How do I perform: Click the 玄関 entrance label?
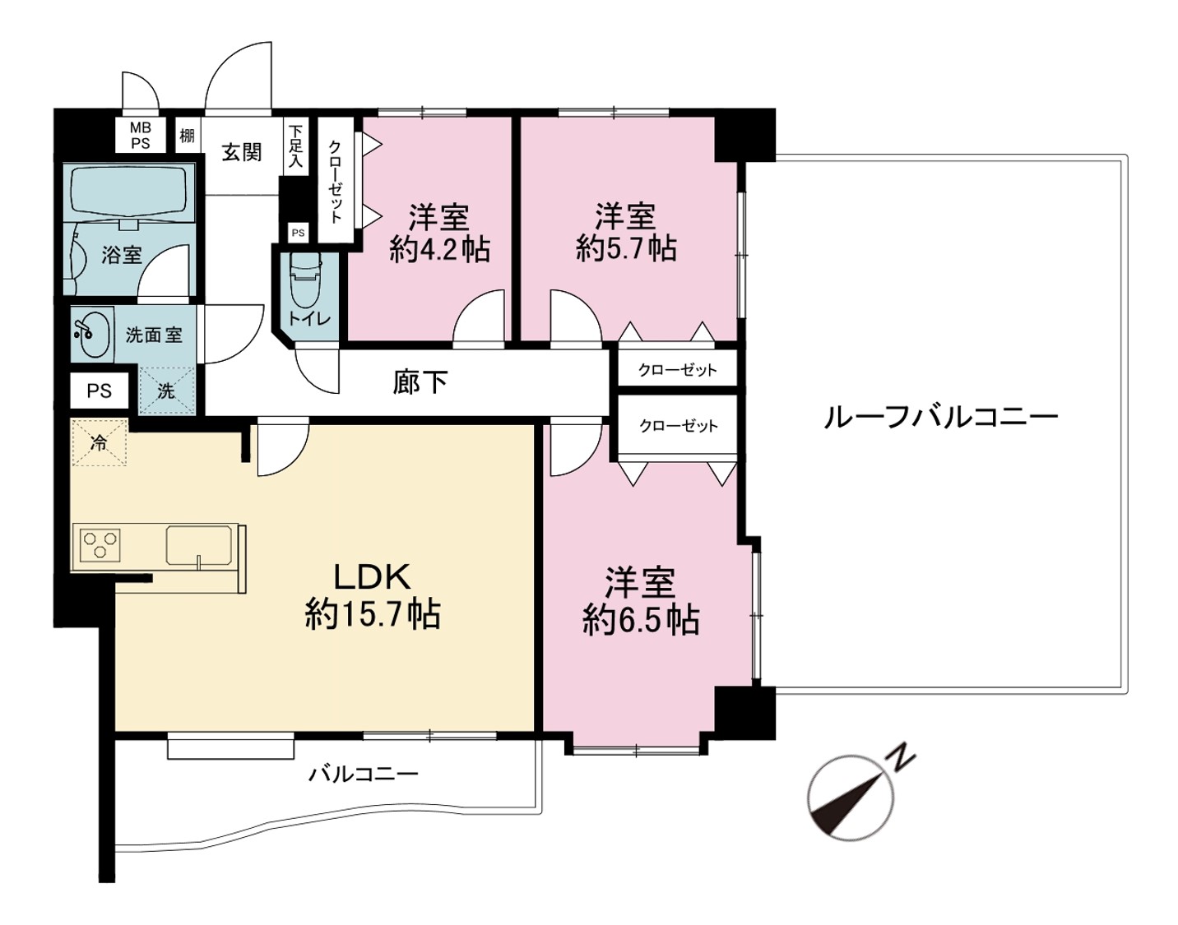pos(241,152)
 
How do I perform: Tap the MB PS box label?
pos(140,136)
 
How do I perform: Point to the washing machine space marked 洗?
pos(166,391)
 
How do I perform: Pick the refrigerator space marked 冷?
pos(100,442)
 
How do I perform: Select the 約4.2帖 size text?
pos(439,250)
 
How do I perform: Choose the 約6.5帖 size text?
pos(641,621)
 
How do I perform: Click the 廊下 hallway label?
pos(420,382)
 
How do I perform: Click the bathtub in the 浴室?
pos(132,193)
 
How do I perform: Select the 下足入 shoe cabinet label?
pos(295,146)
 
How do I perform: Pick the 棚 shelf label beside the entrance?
pos(187,135)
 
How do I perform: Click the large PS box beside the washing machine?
pos(100,391)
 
